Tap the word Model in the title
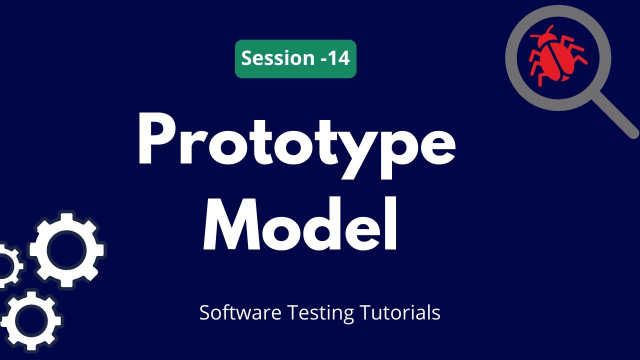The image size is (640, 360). tap(300, 225)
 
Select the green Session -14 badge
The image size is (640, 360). tap(295, 59)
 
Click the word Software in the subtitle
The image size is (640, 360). tap(240, 313)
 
